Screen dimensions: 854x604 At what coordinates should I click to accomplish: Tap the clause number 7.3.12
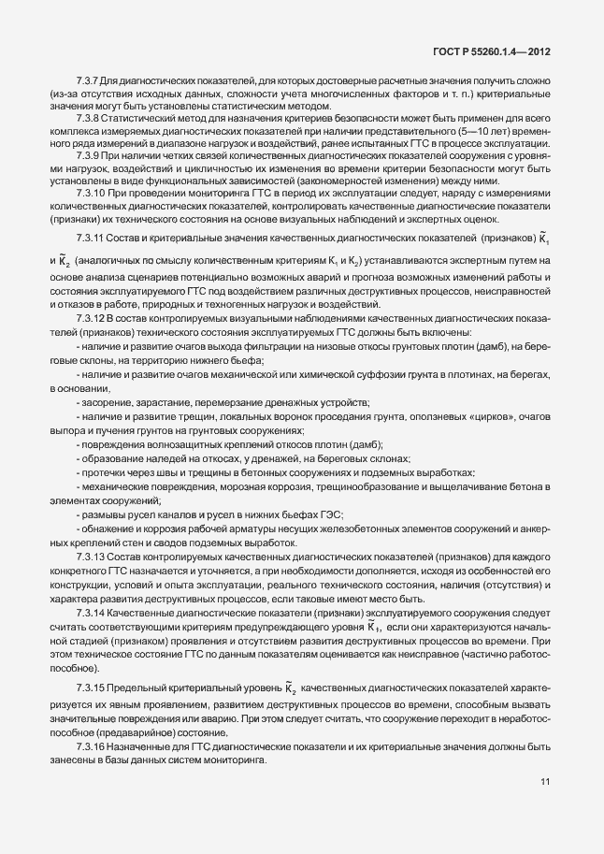[x=91, y=323]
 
